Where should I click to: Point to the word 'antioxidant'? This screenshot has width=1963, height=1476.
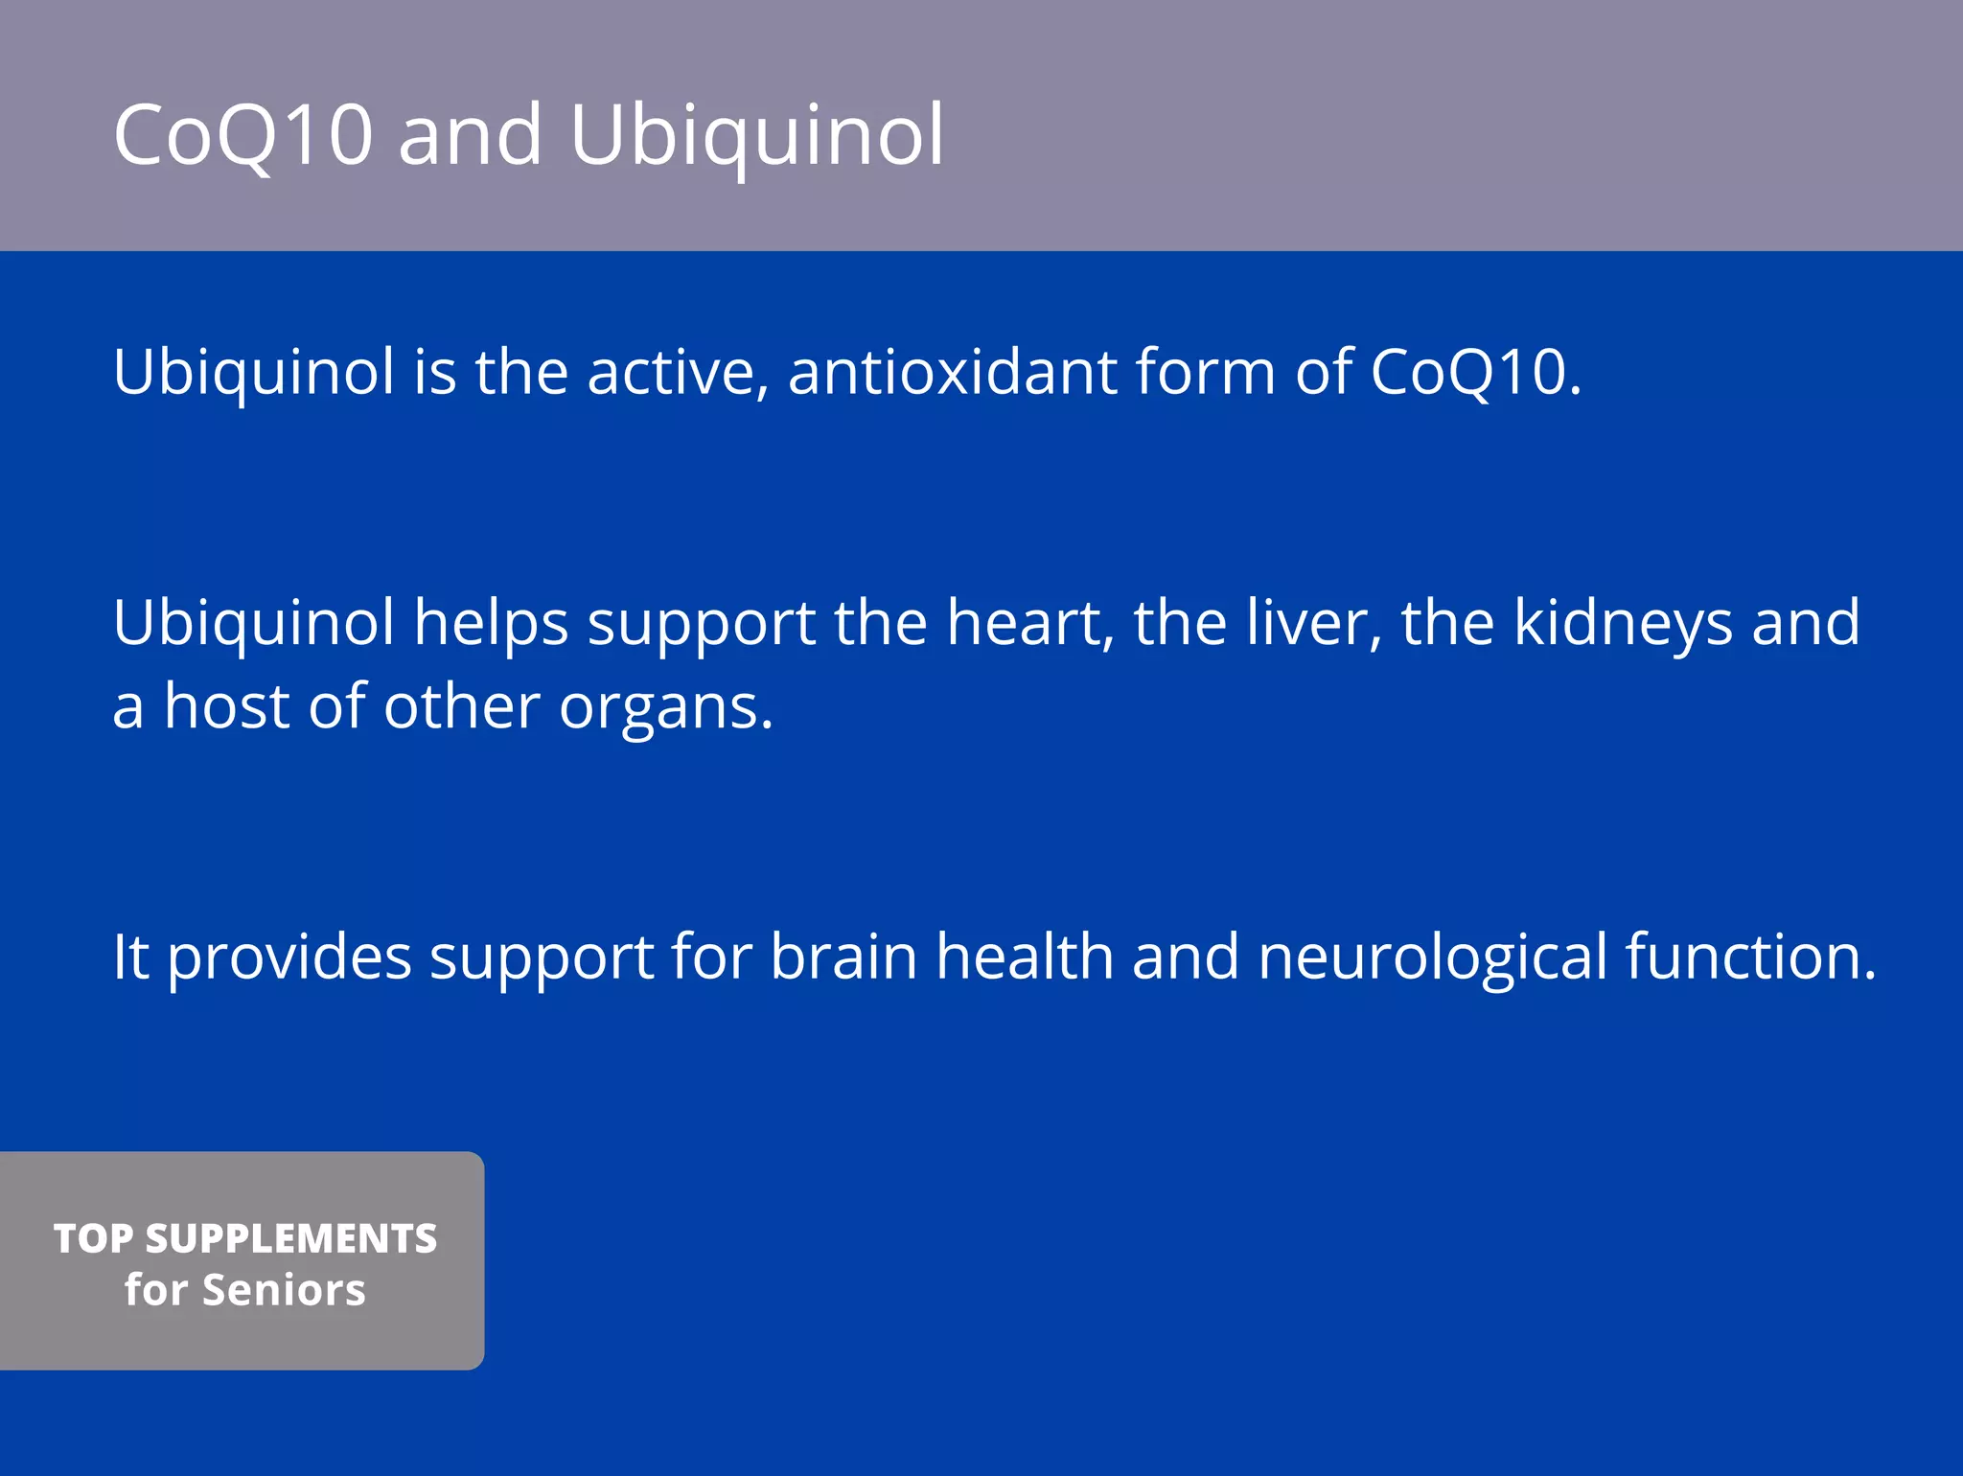point(952,372)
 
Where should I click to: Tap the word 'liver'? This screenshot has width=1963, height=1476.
point(1314,623)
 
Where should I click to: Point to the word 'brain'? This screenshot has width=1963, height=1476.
point(843,957)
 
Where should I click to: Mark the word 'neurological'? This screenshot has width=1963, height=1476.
point(1432,958)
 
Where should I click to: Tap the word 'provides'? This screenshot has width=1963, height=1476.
point(289,958)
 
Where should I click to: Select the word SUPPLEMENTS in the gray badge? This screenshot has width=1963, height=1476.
point(291,1238)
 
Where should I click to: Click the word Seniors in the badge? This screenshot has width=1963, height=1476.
point(285,1290)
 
